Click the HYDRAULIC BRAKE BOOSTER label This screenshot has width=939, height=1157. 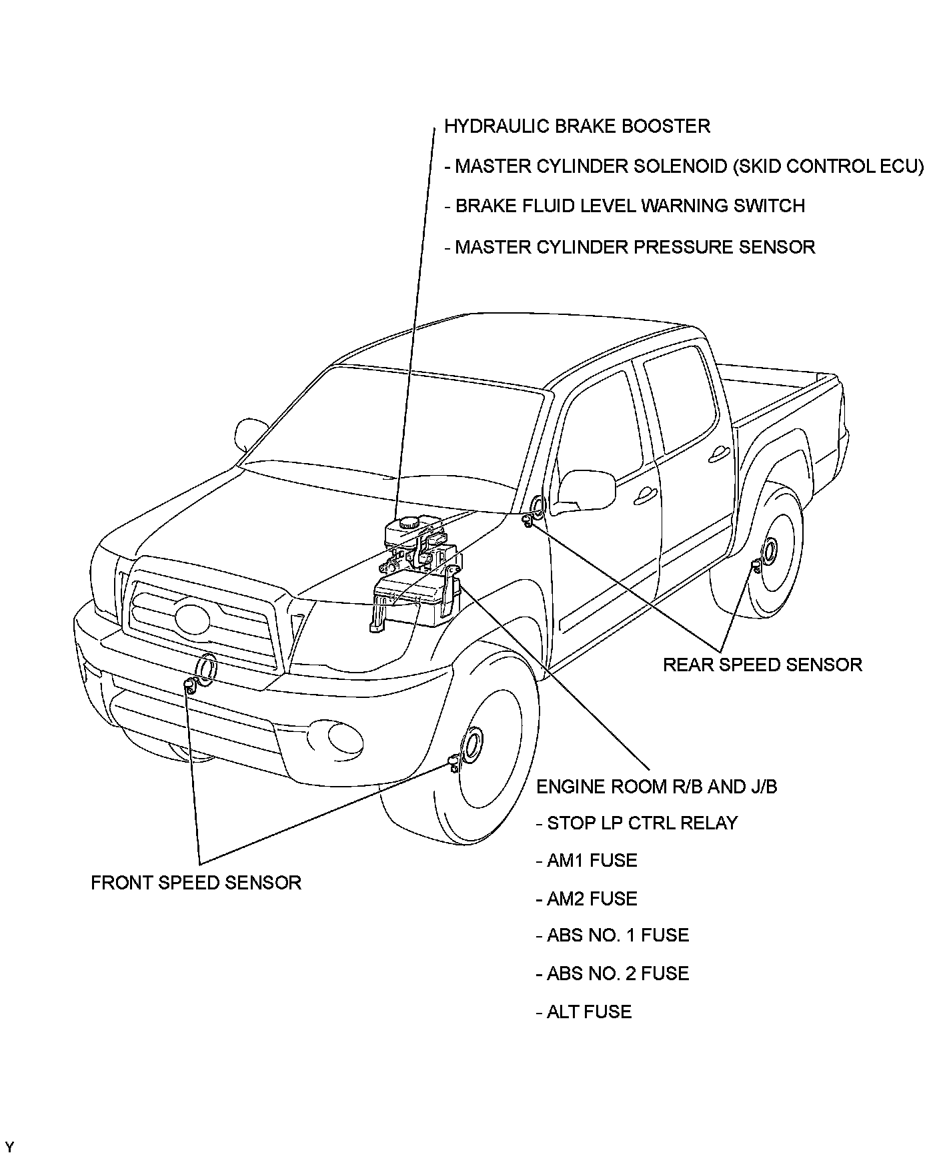577,126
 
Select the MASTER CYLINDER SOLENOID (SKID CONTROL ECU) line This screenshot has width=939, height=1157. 684,166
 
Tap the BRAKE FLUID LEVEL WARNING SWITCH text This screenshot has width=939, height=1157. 624,206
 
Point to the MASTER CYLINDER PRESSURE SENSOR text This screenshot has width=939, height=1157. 630,247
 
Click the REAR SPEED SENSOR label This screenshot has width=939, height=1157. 762,665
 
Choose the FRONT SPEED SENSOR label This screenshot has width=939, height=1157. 196,883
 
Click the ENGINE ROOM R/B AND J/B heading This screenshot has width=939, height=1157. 656,787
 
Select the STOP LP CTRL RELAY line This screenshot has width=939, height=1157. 637,823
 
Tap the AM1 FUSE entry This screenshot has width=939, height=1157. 586,860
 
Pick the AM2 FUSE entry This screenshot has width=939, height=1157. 586,898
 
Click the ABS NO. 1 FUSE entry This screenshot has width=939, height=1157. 612,935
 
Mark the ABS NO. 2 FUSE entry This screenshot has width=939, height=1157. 612,974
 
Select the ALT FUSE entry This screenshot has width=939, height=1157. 584,1012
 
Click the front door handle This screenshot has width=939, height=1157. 645,494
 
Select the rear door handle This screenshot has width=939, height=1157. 719,455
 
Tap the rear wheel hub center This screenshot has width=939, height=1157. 769,550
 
